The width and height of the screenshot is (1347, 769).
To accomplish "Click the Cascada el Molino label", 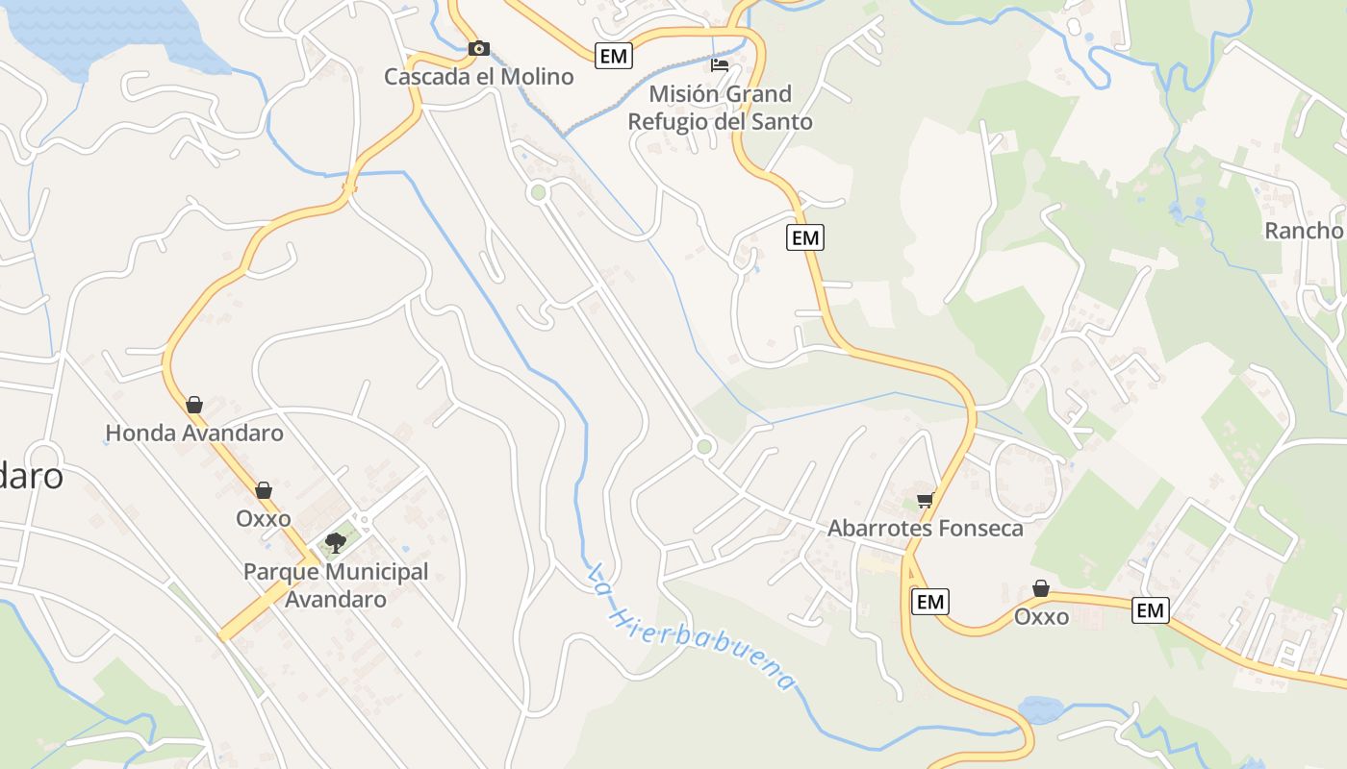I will click(478, 77).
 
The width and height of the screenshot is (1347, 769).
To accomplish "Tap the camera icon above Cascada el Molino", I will click(478, 48).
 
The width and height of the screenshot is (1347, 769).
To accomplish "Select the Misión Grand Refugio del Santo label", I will click(720, 108).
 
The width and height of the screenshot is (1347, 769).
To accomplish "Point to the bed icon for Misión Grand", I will click(720, 65).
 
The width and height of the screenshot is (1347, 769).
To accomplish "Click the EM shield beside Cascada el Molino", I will click(613, 56).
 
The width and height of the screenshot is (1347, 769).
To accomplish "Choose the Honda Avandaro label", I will click(194, 434).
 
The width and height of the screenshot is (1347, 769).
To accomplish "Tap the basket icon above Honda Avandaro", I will click(194, 405).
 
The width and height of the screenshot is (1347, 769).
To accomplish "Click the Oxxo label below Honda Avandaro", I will click(264, 519).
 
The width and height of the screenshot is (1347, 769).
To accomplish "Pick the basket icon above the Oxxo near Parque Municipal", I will click(264, 490).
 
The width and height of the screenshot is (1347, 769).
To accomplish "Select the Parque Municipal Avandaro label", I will click(336, 585).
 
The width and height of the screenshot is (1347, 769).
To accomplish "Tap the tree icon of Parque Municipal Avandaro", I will click(335, 544).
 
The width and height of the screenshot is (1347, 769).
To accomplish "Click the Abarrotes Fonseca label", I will click(926, 529).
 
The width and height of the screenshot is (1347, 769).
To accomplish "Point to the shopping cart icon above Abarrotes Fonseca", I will click(925, 499).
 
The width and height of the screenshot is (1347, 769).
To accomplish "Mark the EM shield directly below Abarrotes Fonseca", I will click(929, 602).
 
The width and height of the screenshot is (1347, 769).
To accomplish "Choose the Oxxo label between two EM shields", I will click(1041, 617).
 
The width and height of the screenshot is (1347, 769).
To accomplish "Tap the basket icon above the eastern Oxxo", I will click(1041, 588).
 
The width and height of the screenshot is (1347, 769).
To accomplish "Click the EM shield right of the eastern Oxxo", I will click(1150, 609).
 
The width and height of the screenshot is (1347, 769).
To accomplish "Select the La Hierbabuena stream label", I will click(692, 627).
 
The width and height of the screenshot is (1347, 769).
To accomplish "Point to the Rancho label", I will click(1303, 231).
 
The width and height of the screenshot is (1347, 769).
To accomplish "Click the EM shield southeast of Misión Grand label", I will click(805, 236).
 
